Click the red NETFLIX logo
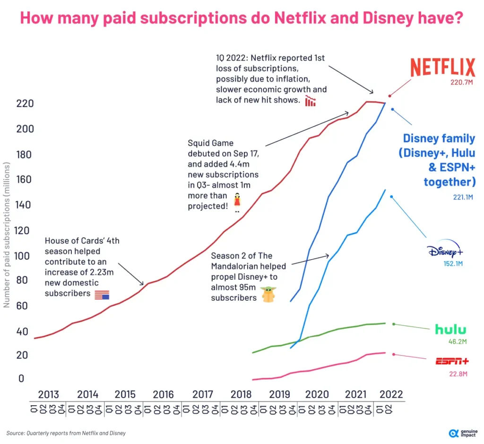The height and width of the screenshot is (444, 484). click(442, 68)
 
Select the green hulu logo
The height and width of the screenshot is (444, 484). click(450, 330)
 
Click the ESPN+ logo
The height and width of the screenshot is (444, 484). click(452, 362)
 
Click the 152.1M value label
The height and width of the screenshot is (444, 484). click(452, 263)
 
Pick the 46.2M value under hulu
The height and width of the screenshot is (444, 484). click(457, 342)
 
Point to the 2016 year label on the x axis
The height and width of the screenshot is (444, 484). click(163, 394)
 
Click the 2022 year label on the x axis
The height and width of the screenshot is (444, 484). click(391, 394)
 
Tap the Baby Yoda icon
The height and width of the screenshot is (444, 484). click(269, 295)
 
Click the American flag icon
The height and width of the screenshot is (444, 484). click(102, 295)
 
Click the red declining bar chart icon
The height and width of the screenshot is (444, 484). click(311, 101)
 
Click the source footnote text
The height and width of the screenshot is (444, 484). click(66, 433)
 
